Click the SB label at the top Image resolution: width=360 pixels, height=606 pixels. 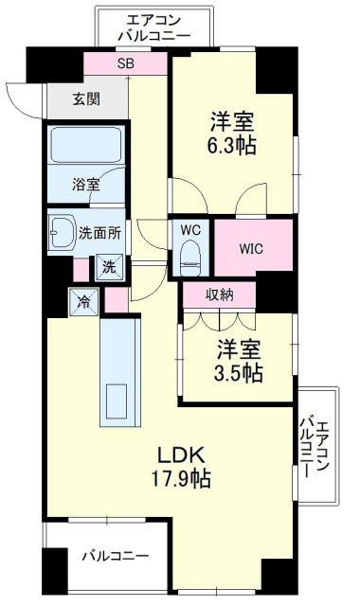click(126, 64)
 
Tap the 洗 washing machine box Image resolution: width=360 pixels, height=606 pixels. click(109, 267)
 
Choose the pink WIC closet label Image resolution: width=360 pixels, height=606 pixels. click(250, 248)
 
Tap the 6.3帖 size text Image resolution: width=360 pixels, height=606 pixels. click(233, 147)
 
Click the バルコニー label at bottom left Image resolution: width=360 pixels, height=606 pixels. click(114, 554)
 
